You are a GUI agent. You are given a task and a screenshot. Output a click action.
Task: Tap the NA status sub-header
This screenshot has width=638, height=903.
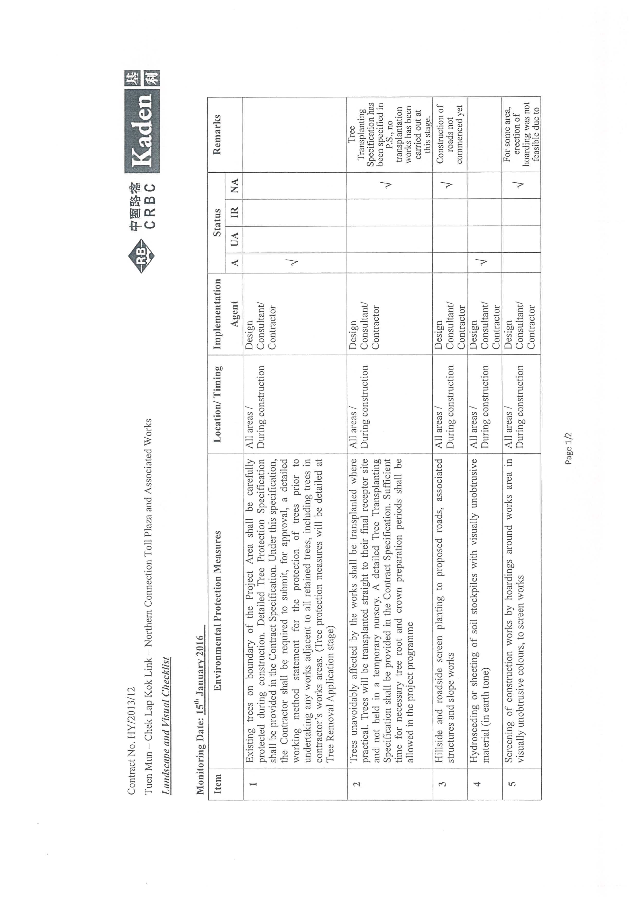pos(234,186)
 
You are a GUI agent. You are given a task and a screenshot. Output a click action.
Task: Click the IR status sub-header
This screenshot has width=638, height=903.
pos(234,213)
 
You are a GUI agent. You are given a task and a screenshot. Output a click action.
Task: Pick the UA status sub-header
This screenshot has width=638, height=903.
pos(234,239)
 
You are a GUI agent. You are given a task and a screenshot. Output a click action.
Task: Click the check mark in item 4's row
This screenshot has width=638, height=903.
pos(484,262)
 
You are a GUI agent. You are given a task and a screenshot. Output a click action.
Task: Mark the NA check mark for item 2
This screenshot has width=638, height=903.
pos(388,185)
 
